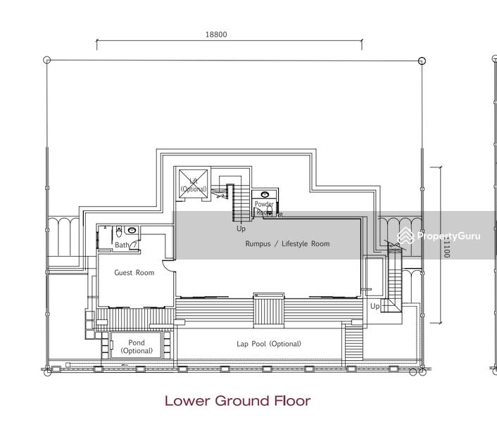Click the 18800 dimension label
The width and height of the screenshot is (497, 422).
click(216, 34)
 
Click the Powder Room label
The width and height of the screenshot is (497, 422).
click(264, 207)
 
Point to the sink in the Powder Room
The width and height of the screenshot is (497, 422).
click(264, 195)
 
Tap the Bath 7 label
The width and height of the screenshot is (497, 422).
click(125, 245)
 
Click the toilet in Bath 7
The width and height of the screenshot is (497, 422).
click(118, 230)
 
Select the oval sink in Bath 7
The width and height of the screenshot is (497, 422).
click(132, 230)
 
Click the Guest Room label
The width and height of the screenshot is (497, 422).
click(134, 273)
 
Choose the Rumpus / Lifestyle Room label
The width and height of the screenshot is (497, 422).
click(287, 244)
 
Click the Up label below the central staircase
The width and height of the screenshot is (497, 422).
click(241, 229)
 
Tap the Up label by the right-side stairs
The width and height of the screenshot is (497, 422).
click(375, 306)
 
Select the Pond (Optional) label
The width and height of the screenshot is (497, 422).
click(136, 347)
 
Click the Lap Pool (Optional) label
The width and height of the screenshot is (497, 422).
click(268, 344)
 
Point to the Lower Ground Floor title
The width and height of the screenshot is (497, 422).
click(237, 401)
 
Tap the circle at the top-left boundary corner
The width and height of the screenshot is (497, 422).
click(47, 60)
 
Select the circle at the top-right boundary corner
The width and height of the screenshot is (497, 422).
click(422, 60)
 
